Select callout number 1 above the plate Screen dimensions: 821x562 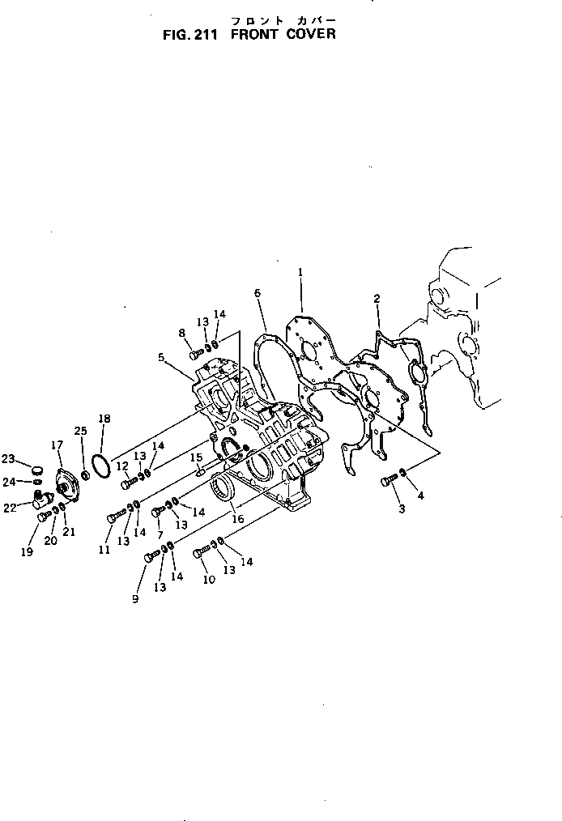coord(300,273)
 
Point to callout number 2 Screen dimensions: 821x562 coord(376,299)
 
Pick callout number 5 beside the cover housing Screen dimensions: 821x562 coord(161,356)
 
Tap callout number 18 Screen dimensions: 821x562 coord(104,419)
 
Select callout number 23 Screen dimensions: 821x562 coord(8,459)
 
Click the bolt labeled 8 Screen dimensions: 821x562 coord(196,353)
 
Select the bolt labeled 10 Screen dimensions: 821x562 coord(202,553)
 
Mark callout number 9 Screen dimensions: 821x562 coord(136,598)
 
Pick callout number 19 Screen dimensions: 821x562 coord(26,552)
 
